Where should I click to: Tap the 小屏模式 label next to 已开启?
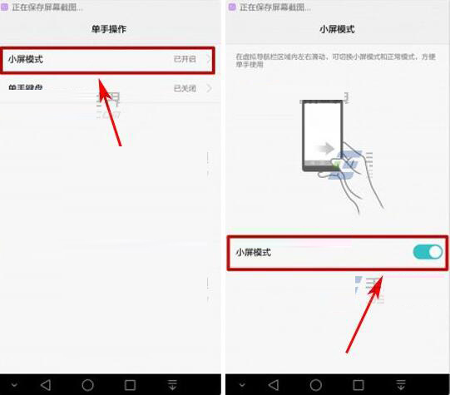point(25,60)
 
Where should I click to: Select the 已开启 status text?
point(184,60)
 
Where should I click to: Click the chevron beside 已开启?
point(209,60)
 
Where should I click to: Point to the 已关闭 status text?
point(184,88)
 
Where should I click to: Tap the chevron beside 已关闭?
point(209,88)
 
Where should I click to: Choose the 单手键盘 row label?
point(25,88)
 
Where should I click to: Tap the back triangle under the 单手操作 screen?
point(45,385)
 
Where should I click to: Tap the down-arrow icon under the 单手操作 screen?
point(173,385)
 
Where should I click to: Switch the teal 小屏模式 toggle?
point(428,252)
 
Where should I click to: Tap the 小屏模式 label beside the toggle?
point(253,252)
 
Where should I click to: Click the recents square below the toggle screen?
point(361,385)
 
